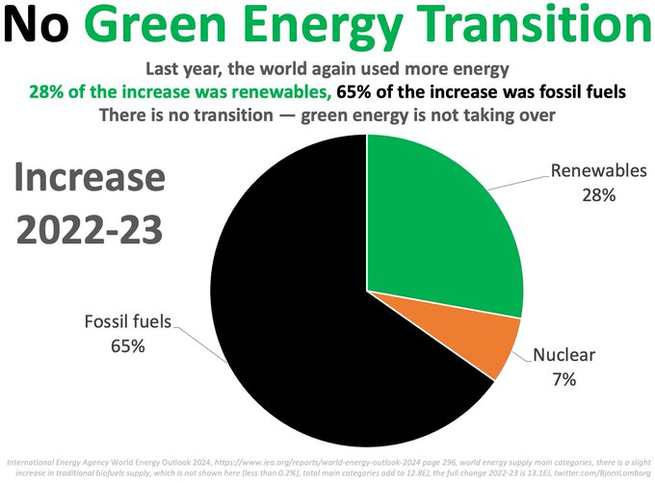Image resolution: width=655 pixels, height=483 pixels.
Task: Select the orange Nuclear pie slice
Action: (486, 337)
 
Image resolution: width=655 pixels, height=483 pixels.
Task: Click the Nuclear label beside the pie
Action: (563, 357)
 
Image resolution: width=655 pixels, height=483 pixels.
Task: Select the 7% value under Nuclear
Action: (563, 379)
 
